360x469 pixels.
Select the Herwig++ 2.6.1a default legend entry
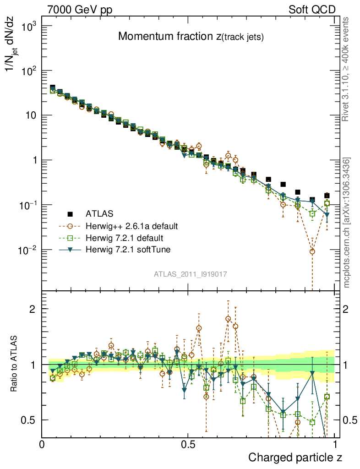pos(131,226)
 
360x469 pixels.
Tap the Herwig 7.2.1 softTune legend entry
pos(128,250)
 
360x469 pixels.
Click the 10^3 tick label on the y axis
pos(28,26)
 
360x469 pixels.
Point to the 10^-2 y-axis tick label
pos(27,250)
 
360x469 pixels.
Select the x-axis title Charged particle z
pos(295,457)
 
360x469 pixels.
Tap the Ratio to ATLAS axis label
pos(15,365)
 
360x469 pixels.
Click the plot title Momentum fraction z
pos(191,37)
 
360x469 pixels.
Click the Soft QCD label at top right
pos(312,10)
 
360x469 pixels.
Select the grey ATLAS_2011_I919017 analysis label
pos(191,274)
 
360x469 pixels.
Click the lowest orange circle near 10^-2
pos(312,251)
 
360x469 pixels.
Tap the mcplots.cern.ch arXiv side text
pos(347,223)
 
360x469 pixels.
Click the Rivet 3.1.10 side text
pos(346,69)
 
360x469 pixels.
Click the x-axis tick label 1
pos(336,444)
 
